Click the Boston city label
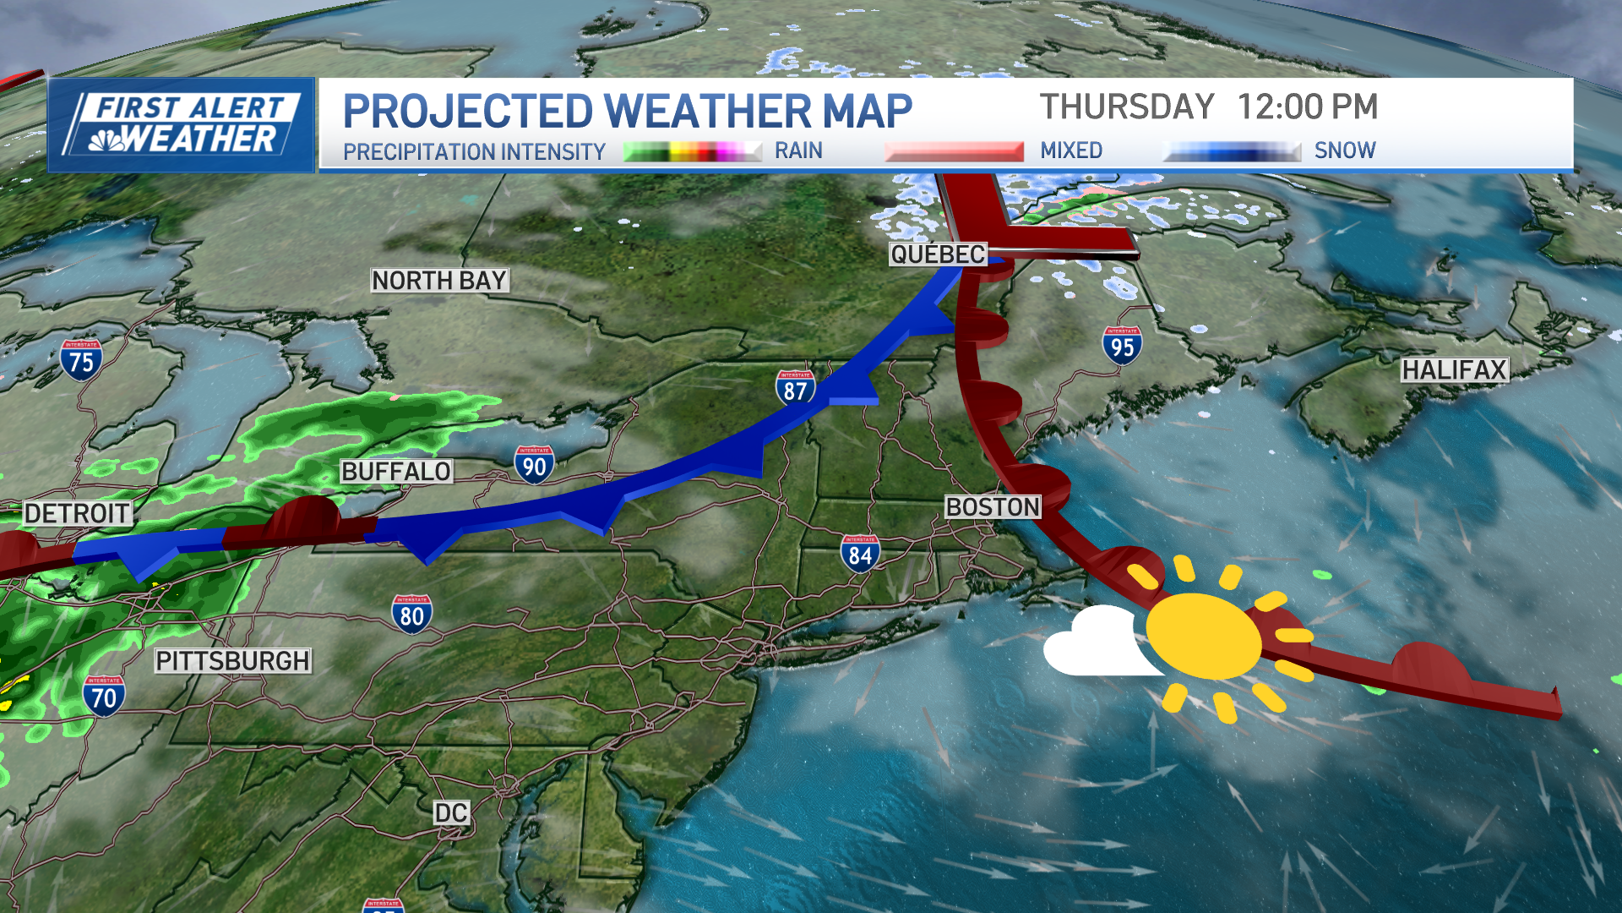point(993,507)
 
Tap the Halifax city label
point(1454,370)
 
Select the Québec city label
point(938,254)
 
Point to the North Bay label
point(439,281)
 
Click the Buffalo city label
point(396,472)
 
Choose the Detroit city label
point(77,513)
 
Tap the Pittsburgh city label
point(233,661)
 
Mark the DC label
point(450,813)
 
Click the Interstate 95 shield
point(1122,345)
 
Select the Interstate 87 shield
point(795,389)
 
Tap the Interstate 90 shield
point(534,465)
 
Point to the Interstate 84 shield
point(860,554)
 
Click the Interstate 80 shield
point(411,615)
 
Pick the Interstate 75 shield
point(81,360)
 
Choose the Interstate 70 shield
point(104,696)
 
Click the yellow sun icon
point(1204,636)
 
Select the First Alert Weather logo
point(182,125)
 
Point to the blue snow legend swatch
point(1232,152)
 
